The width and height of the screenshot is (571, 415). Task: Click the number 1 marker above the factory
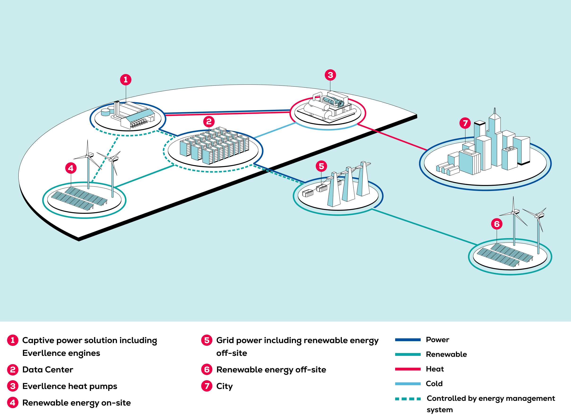click(x=126, y=80)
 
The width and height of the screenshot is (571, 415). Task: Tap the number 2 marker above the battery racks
click(x=209, y=122)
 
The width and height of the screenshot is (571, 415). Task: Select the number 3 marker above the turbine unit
click(x=330, y=75)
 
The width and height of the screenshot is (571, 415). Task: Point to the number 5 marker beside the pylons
click(x=321, y=166)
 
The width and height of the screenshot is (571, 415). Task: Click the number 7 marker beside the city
click(x=465, y=123)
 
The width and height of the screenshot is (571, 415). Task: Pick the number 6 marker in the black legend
click(x=207, y=369)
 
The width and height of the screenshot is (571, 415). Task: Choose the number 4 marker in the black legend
click(x=13, y=402)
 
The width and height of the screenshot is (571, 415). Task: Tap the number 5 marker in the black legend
click(x=207, y=340)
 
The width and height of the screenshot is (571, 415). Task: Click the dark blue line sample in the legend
click(x=408, y=340)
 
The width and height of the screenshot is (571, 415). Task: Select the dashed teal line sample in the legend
click(x=408, y=399)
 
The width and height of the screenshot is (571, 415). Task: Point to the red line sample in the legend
click(x=408, y=369)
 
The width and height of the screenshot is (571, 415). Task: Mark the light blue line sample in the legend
click(x=408, y=384)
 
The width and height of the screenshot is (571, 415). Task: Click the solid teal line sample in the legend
click(x=408, y=354)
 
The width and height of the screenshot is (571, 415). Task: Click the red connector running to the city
click(x=393, y=137)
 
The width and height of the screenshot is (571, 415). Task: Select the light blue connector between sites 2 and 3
click(x=274, y=130)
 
